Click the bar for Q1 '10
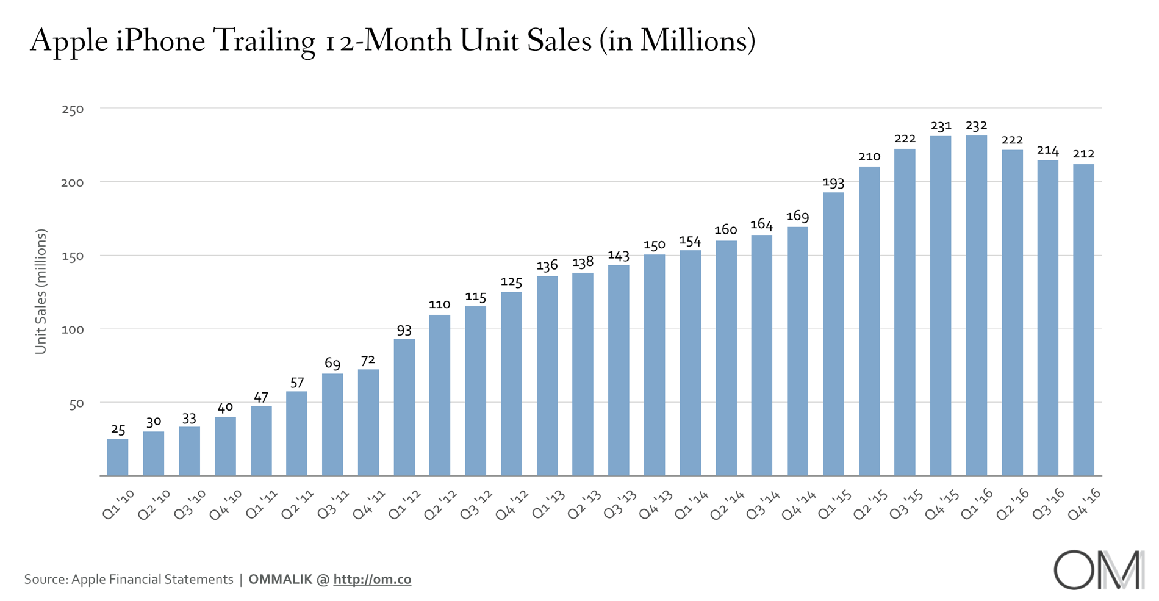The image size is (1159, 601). point(118,457)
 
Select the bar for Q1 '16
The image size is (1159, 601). point(976,305)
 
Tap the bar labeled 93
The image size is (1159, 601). point(404,407)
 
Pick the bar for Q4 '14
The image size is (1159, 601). point(797,351)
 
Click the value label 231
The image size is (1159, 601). point(941,126)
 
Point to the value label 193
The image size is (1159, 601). point(833,182)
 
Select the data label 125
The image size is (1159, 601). point(511,282)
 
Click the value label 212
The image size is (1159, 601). point(1083,154)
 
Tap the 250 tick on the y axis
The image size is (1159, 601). point(73,110)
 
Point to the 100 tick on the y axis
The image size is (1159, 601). point(73,329)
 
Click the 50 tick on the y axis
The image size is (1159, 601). point(76,404)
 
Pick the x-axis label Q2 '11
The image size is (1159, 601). point(298,504)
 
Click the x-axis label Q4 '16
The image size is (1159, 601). point(1085,504)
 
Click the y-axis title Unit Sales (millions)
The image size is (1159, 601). point(41,292)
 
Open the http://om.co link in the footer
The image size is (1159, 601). point(372,579)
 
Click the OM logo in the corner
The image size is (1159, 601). point(1099,570)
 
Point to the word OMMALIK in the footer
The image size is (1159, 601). point(280,579)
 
